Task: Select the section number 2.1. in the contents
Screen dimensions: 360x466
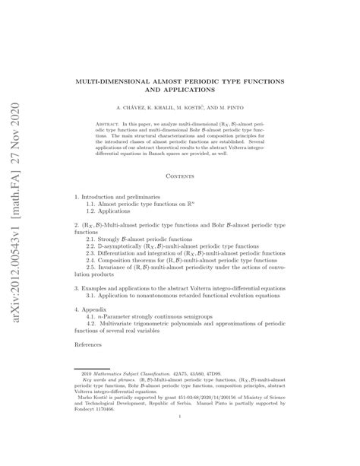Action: pos(92,239)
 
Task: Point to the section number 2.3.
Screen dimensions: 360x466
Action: pos(92,254)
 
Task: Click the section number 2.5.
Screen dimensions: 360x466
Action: pos(92,268)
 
